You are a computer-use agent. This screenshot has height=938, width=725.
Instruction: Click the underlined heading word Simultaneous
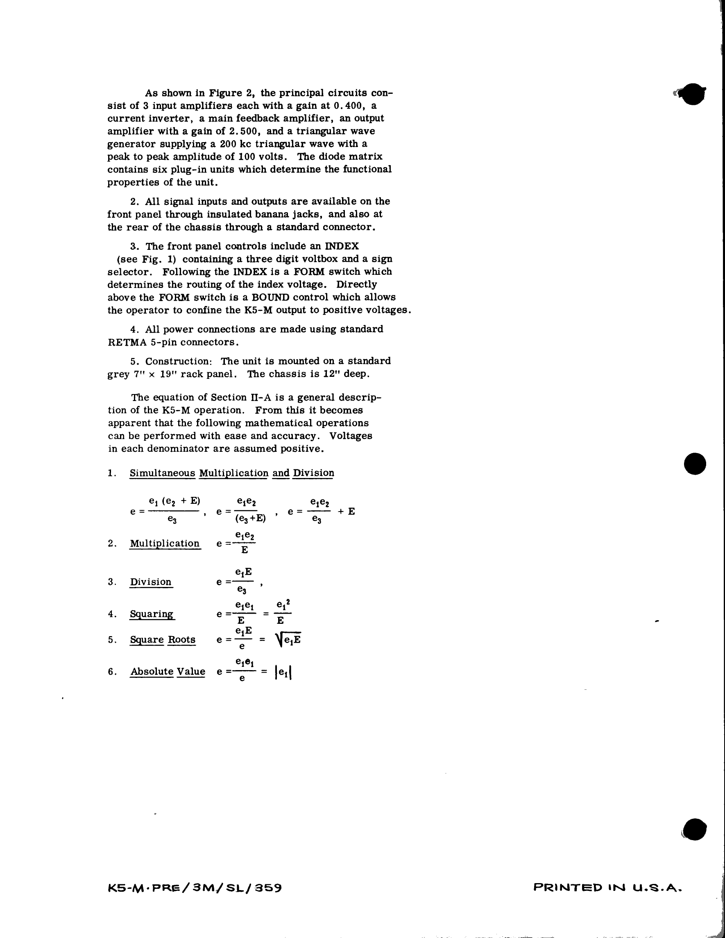(x=162, y=473)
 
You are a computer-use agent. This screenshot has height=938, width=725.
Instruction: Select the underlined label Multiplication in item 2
(x=165, y=543)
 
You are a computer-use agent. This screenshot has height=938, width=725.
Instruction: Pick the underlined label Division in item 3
(x=151, y=582)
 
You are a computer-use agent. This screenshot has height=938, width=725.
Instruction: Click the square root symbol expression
(x=288, y=639)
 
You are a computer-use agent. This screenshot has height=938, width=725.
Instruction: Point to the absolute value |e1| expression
(x=283, y=672)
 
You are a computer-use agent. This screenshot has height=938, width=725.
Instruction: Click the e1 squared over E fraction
(x=282, y=613)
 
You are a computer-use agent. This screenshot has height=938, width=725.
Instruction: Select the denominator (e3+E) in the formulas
(x=250, y=519)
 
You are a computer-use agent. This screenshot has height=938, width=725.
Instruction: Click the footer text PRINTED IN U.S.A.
(x=607, y=887)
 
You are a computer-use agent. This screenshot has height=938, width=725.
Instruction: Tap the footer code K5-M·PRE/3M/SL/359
(x=195, y=887)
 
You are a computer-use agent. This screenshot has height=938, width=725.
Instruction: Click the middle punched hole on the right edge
(x=695, y=464)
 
